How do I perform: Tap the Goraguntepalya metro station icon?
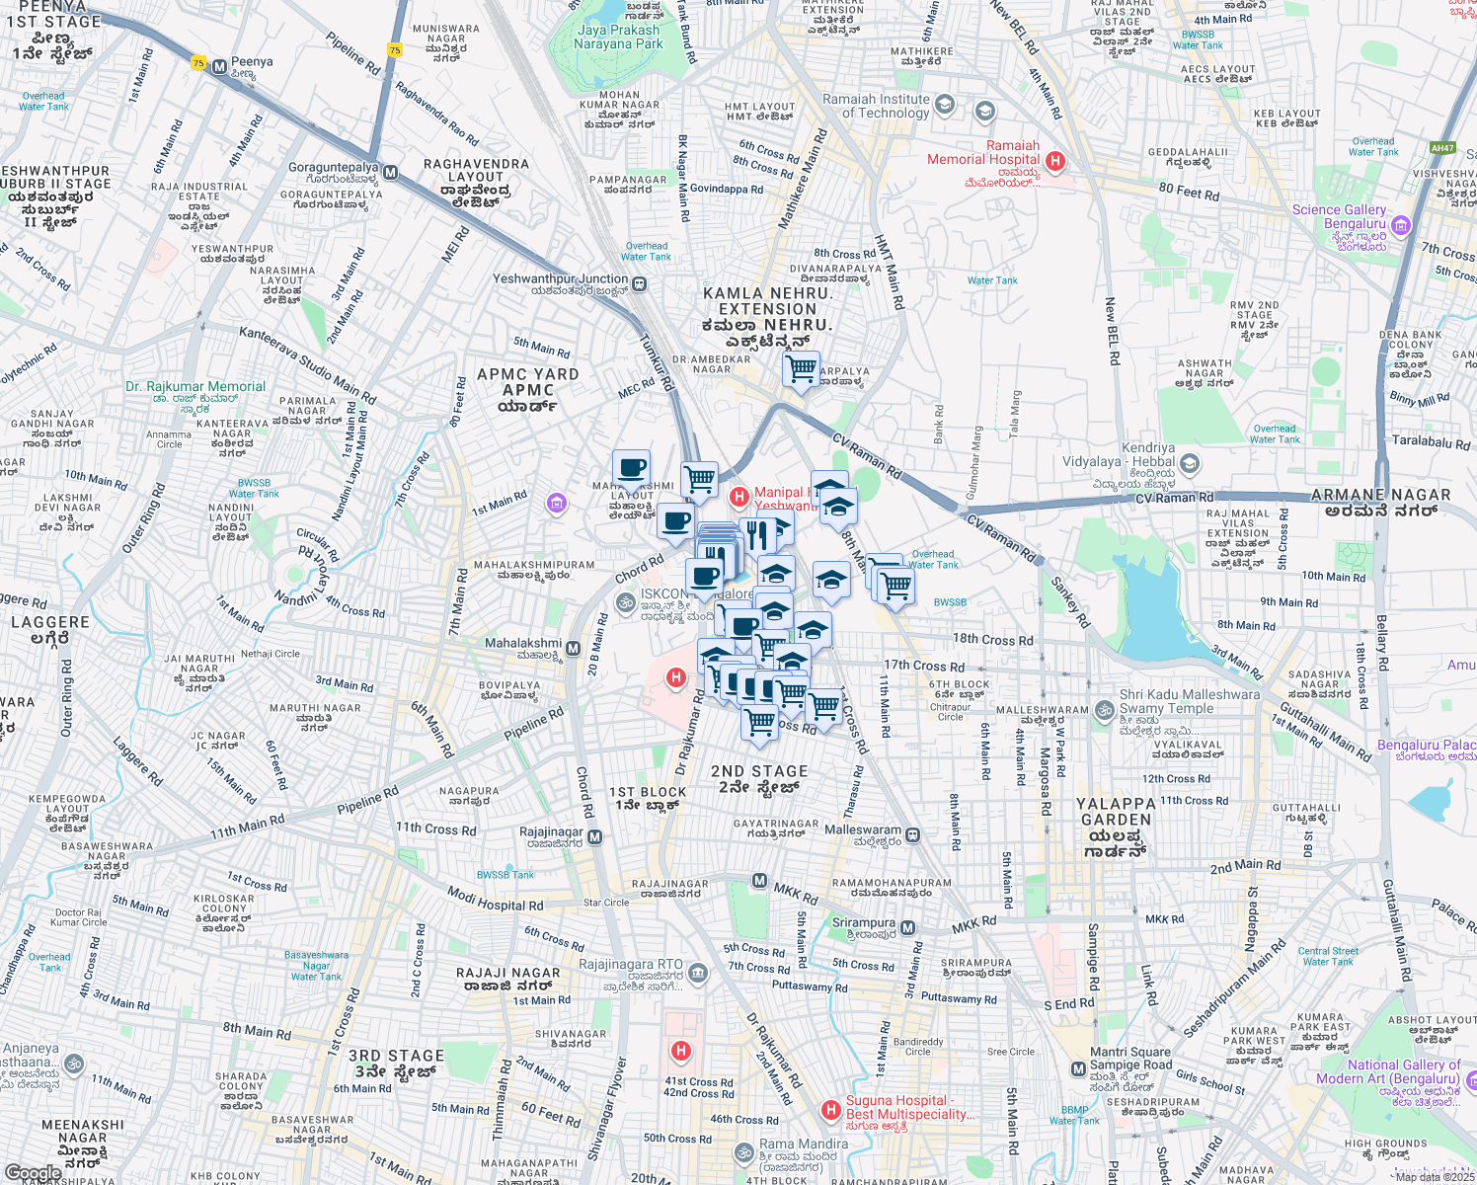[x=390, y=173]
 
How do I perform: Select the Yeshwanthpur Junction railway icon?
[x=640, y=284]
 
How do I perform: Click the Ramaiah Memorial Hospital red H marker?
[x=1054, y=161]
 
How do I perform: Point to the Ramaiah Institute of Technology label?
[x=877, y=106]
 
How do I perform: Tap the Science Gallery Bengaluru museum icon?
[x=1402, y=228]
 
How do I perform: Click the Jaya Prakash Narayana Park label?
[x=618, y=37]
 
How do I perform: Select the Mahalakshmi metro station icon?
[x=574, y=649]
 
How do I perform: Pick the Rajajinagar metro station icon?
[x=594, y=837]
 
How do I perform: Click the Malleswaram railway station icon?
[x=913, y=834]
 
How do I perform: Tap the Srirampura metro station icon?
[x=908, y=927]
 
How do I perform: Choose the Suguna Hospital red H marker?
[x=831, y=1111]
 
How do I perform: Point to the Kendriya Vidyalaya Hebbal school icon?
[x=1190, y=462]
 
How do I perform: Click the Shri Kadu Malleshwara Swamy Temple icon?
[x=1105, y=709]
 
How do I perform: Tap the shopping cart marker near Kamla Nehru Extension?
[x=801, y=370]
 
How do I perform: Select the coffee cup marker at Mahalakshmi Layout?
[x=631, y=468]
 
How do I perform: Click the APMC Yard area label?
[x=527, y=389]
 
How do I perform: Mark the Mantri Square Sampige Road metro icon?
[x=1078, y=1068]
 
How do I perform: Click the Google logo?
[x=33, y=1172]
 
